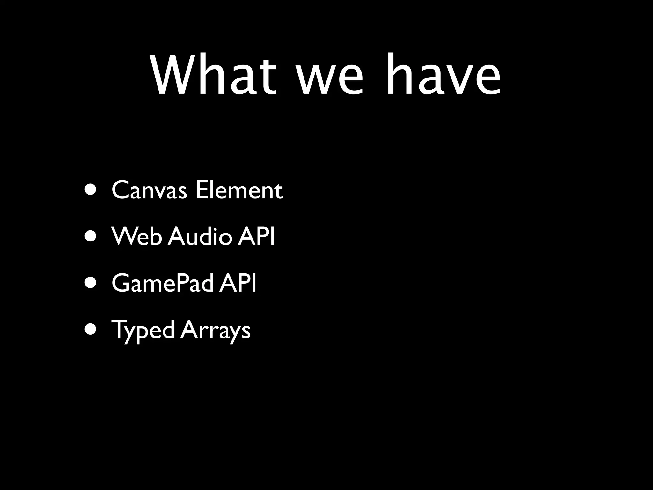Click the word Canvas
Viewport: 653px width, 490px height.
(149, 190)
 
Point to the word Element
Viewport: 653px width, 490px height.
(239, 190)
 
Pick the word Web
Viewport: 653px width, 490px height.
(136, 236)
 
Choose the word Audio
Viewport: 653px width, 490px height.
(200, 236)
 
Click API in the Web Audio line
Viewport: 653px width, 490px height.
(256, 236)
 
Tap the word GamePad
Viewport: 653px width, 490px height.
(162, 283)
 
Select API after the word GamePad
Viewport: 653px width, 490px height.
(238, 283)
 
